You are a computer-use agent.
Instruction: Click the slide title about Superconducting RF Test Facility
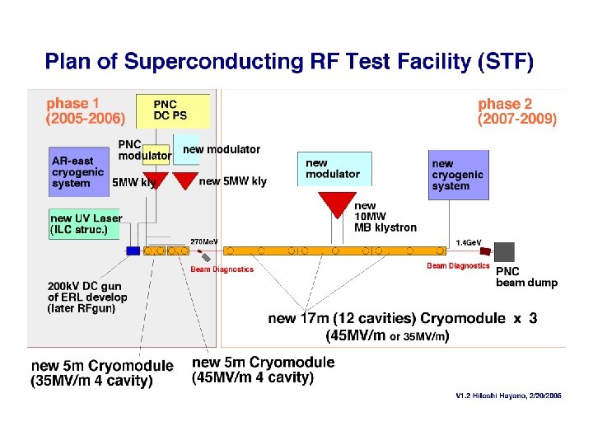pyautogui.click(x=289, y=61)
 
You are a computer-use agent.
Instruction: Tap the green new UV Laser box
pyautogui.click(x=86, y=223)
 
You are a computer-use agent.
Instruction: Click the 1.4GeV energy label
pyautogui.click(x=469, y=243)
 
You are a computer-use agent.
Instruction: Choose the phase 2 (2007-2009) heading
pyautogui.click(x=517, y=111)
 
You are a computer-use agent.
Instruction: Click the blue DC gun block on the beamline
pyautogui.click(x=133, y=250)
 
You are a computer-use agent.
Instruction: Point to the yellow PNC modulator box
pyautogui.click(x=143, y=149)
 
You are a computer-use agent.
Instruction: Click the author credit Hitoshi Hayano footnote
pyautogui.click(x=508, y=396)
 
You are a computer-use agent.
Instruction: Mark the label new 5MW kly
pyautogui.click(x=233, y=182)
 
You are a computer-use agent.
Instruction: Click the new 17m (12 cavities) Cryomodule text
pyautogui.click(x=403, y=318)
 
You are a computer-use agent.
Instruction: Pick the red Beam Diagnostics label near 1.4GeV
pyautogui.click(x=458, y=266)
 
